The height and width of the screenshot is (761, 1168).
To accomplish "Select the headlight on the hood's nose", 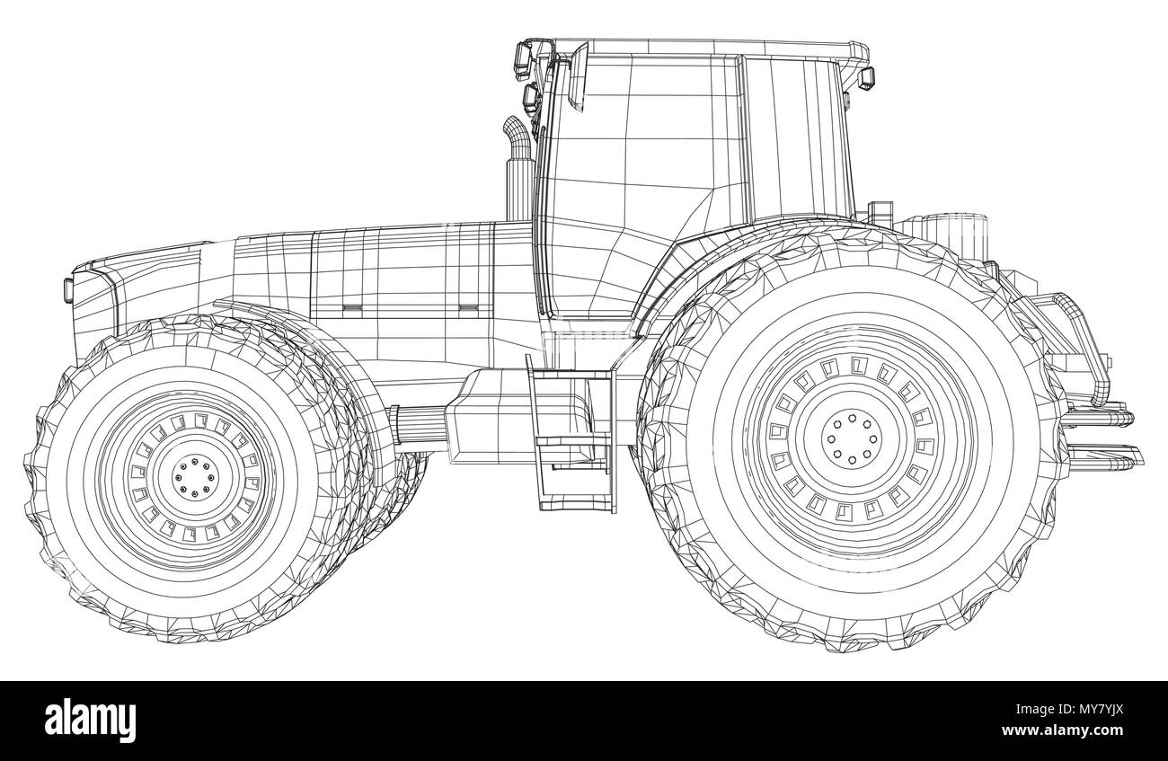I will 68,289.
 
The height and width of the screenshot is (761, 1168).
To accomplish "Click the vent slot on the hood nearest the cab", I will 466,308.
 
